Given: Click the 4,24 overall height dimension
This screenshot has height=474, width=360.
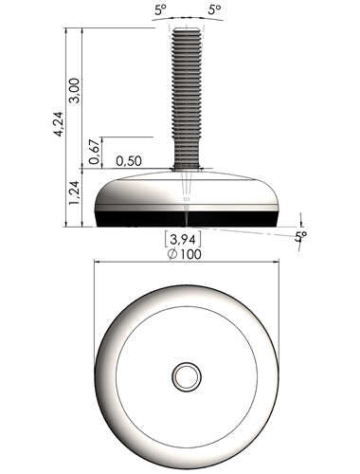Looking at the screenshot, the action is [x=59, y=124].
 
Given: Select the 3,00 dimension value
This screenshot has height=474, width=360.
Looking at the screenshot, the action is [x=75, y=91].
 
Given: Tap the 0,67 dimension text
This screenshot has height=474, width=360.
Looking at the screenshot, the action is [x=95, y=152].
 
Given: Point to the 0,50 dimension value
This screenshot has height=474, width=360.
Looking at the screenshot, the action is [x=129, y=161].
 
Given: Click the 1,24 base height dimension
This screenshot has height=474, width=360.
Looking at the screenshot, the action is [x=75, y=192].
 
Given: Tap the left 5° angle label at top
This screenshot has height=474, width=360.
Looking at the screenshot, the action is [x=160, y=10].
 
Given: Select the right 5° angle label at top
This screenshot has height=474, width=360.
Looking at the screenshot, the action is [x=214, y=10].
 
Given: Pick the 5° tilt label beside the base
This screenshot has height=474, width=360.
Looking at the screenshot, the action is [x=300, y=236].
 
